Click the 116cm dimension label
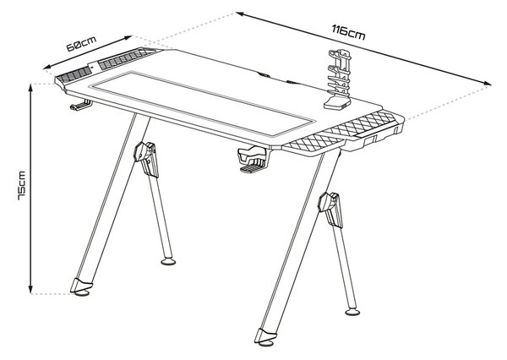[348, 32]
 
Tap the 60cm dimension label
[81, 44]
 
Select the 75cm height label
[22, 185]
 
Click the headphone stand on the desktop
[337, 79]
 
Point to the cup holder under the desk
[253, 160]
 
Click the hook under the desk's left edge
[80, 105]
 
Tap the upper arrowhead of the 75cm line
[30, 87]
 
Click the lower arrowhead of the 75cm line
[30, 291]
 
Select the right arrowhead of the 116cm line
[488, 84]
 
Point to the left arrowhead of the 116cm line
[240, 14]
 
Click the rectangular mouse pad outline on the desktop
[203, 103]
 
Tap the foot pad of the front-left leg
[82, 293]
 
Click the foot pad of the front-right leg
[267, 343]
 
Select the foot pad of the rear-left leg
[168, 261]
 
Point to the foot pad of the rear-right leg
[352, 312]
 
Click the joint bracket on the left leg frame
[146, 159]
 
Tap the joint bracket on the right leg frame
[330, 210]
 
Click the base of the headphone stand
[337, 102]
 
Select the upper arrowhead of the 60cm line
[128, 38]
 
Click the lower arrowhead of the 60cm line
[47, 67]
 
